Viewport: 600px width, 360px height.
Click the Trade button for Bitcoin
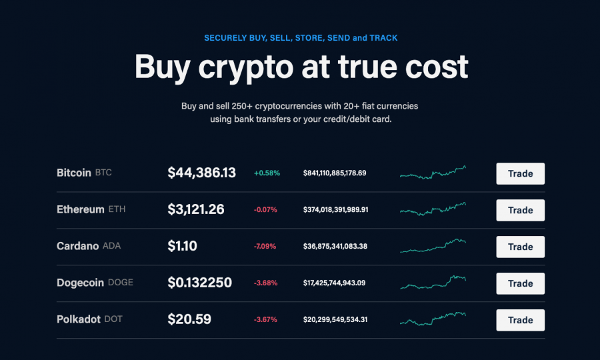[520, 173]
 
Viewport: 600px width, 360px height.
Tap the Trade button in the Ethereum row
[520, 210]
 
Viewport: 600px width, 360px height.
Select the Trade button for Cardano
[520, 247]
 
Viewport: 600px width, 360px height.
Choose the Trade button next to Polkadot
[520, 320]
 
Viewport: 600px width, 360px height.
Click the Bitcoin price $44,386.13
[201, 173]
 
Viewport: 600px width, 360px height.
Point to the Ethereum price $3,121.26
[195, 210]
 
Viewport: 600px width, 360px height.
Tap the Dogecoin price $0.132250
[199, 283]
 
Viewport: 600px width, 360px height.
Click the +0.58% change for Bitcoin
[267, 173]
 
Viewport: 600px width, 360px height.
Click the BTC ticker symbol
[103, 173]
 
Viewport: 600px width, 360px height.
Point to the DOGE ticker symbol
[121, 283]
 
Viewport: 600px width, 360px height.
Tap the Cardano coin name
[77, 246]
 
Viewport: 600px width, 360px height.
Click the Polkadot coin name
[79, 319]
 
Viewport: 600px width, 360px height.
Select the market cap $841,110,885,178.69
[335, 173]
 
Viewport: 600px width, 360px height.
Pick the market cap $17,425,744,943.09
[335, 283]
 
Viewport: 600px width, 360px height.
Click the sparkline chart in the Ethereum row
[433, 209]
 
